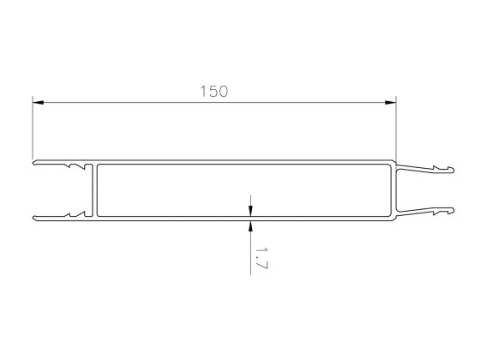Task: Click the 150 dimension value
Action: click(x=213, y=91)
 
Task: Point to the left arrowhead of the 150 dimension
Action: click(x=39, y=103)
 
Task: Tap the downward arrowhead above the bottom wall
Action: click(x=250, y=212)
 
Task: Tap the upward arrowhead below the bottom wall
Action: click(x=250, y=225)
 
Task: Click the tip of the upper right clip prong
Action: click(x=452, y=170)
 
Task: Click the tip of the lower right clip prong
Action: click(x=452, y=208)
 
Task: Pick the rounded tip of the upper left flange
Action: click(x=34, y=161)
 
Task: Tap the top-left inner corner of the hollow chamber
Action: click(x=99, y=166)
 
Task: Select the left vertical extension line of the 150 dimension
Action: click(x=33, y=129)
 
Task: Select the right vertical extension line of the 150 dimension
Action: click(x=397, y=129)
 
